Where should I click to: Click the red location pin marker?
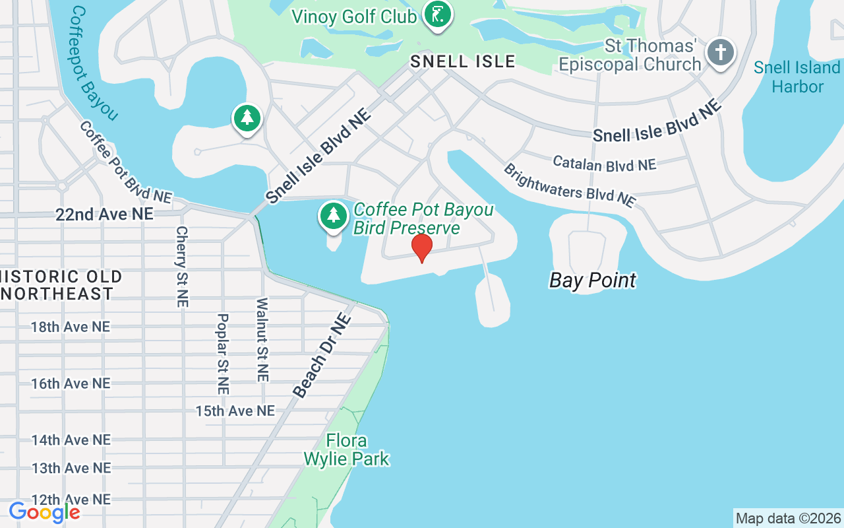click(421, 247)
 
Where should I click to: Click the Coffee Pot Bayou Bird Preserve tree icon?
click(334, 216)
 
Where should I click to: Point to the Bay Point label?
click(593, 280)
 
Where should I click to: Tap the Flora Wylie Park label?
click(347, 449)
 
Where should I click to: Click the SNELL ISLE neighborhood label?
click(462, 61)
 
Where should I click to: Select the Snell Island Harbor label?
click(797, 77)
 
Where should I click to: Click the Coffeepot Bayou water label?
click(93, 63)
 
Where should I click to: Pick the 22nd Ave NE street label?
click(104, 214)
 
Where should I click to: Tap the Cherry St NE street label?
click(182, 267)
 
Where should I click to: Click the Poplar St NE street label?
click(222, 353)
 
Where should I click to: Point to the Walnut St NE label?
click(262, 340)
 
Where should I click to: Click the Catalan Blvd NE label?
click(604, 163)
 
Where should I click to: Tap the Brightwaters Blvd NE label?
click(569, 185)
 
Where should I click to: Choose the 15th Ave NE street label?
click(235, 411)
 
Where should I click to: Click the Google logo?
click(44, 511)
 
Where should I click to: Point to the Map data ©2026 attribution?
click(788, 518)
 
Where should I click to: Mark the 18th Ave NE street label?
click(71, 327)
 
